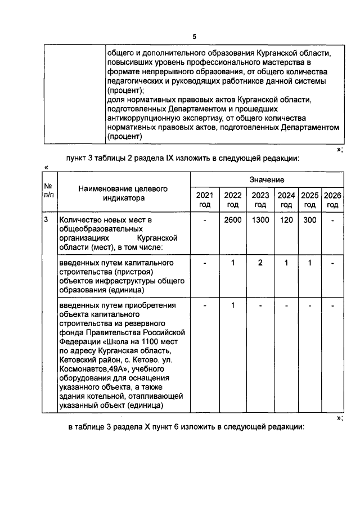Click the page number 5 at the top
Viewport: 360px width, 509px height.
coord(194,37)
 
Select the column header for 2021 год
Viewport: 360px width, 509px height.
coord(205,200)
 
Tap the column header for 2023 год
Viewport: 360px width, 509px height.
coord(260,200)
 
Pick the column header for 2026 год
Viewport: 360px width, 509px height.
coord(332,200)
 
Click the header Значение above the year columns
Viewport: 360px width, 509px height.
coord(267,179)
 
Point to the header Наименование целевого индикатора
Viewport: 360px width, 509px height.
coord(123,193)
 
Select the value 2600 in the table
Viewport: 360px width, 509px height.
coord(232,220)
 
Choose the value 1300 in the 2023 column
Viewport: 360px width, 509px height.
coord(260,220)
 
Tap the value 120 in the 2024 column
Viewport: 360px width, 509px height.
coord(286,220)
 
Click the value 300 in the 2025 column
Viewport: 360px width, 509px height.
coord(309,220)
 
